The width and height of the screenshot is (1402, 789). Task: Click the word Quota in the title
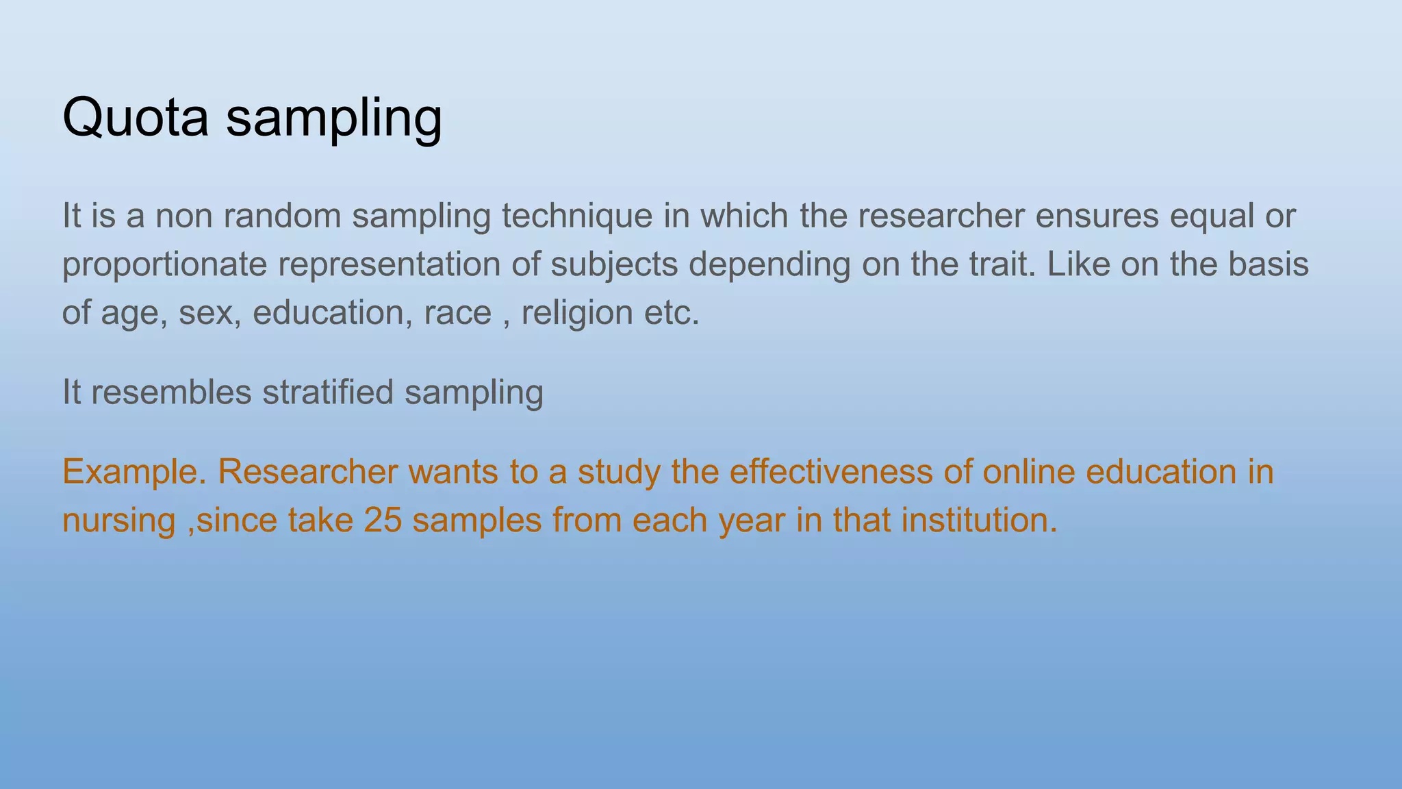(135, 118)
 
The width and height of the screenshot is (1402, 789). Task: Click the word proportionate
(164, 265)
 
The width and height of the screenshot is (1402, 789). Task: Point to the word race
(457, 313)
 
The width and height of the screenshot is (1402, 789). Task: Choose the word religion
(577, 313)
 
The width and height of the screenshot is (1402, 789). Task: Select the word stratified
(328, 392)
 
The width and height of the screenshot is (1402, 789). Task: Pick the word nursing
(118, 521)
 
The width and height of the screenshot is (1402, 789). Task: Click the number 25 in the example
(383, 520)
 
